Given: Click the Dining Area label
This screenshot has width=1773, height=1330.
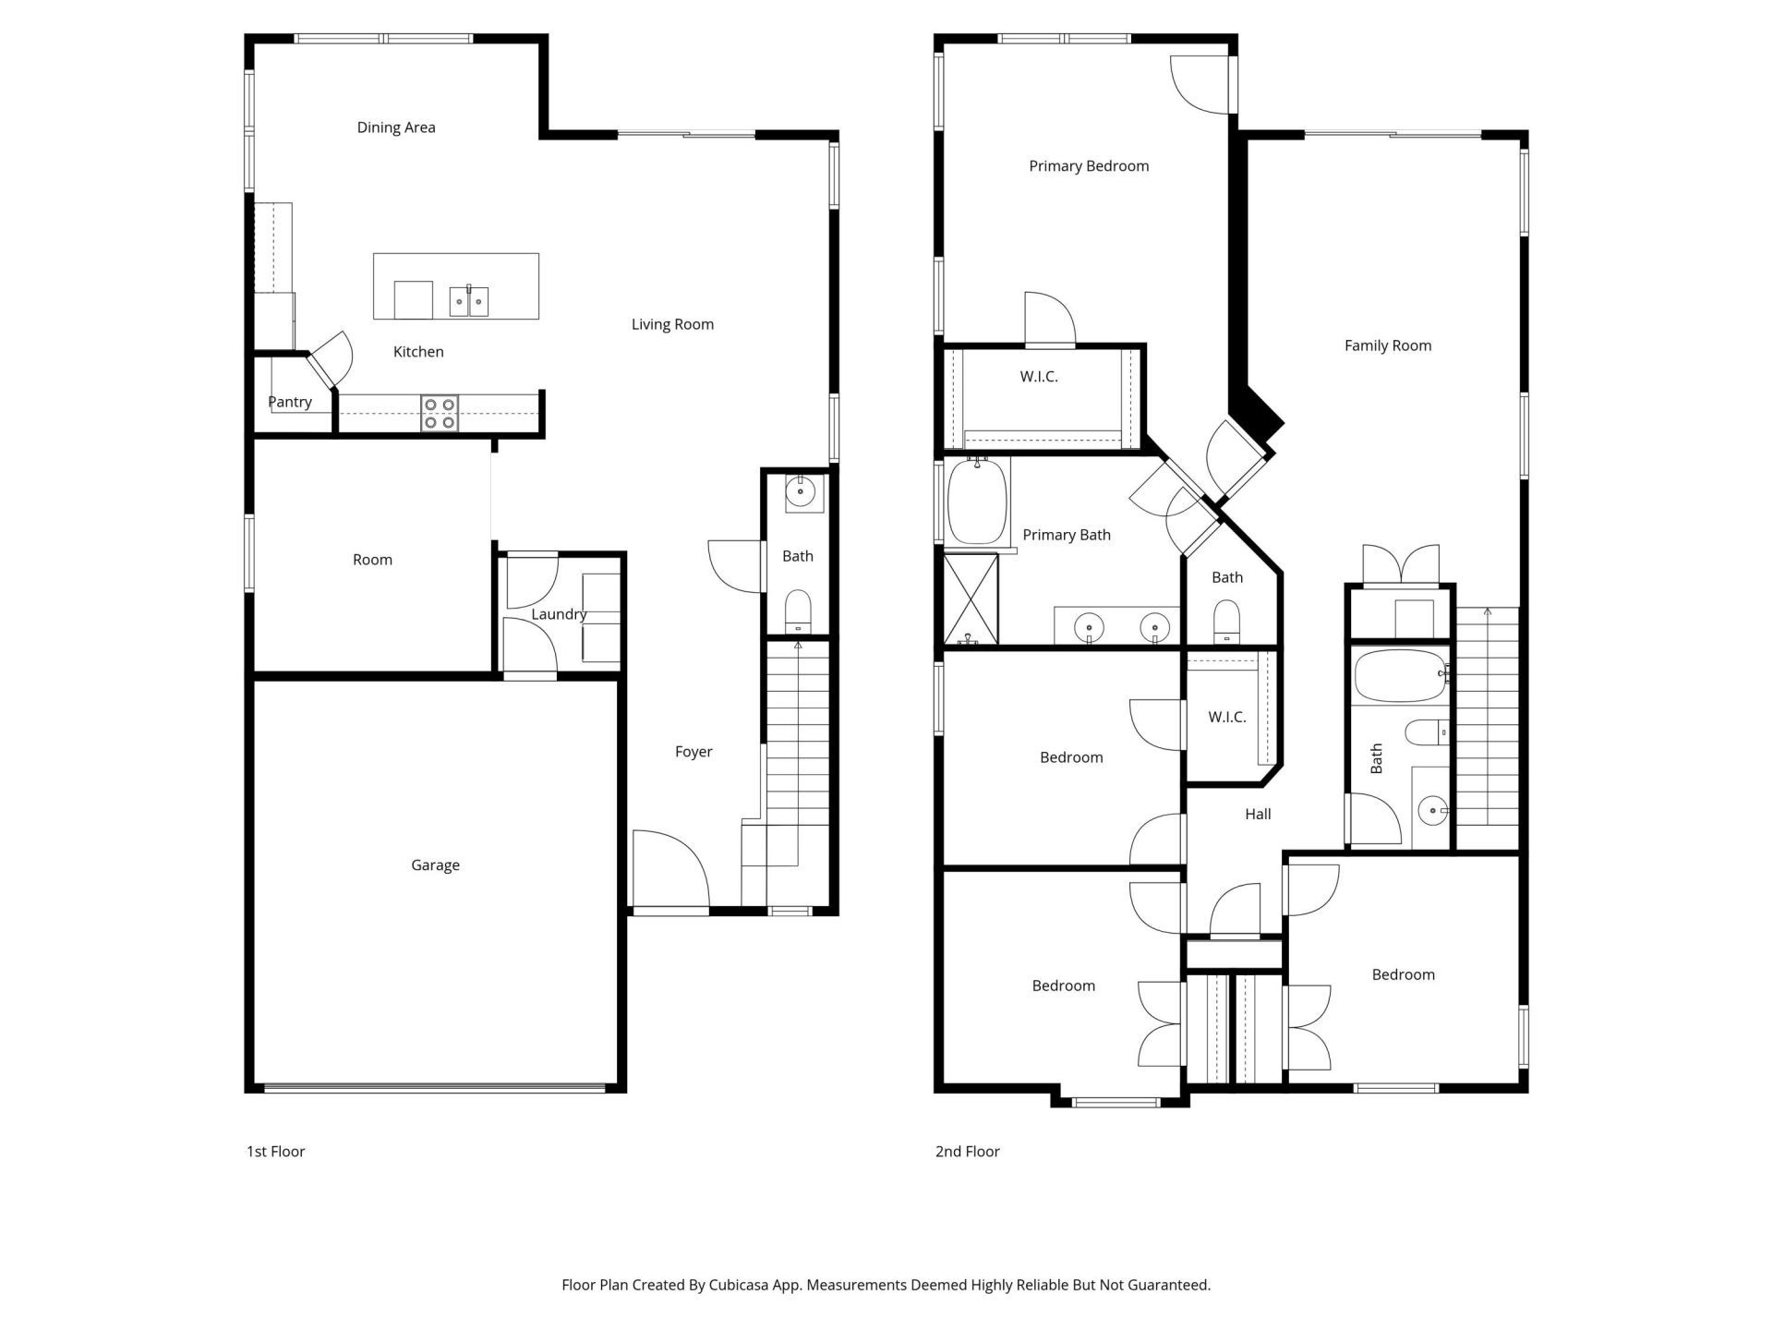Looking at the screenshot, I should pos(396,127).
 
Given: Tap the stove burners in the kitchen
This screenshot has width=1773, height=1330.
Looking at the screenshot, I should pos(440,413).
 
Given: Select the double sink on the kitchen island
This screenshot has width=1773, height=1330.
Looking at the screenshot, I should pos(469,301).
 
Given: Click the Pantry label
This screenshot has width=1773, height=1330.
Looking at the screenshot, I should pos(290,402).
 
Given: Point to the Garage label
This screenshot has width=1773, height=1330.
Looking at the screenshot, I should pos(435,865).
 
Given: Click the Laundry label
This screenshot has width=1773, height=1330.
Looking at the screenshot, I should pos(559,614).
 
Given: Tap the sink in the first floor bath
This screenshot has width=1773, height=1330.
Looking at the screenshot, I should pos(800,493).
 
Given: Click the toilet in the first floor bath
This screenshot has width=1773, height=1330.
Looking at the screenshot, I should pos(798,612).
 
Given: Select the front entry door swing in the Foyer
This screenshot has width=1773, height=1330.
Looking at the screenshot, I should pos(669,868).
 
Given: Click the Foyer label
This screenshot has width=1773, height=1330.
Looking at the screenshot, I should pos(694,752).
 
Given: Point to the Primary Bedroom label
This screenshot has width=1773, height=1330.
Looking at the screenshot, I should pos(1089,166).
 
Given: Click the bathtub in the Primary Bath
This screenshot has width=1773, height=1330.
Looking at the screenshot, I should pos(977,503).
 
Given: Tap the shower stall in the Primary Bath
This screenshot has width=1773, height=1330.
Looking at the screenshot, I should pos(971,598).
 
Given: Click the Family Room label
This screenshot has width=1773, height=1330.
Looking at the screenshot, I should pos(1387,345).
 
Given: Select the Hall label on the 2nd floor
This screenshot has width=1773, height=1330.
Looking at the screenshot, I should pos(1258,814).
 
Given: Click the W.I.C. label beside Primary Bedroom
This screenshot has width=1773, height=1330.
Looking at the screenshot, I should pos(1039,377).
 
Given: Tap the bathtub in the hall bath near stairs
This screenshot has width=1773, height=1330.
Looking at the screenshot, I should pos(1399,676).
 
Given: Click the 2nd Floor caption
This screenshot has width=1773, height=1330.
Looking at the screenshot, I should pos(967,1151).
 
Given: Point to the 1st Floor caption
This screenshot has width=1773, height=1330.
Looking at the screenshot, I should pos(275,1151).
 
